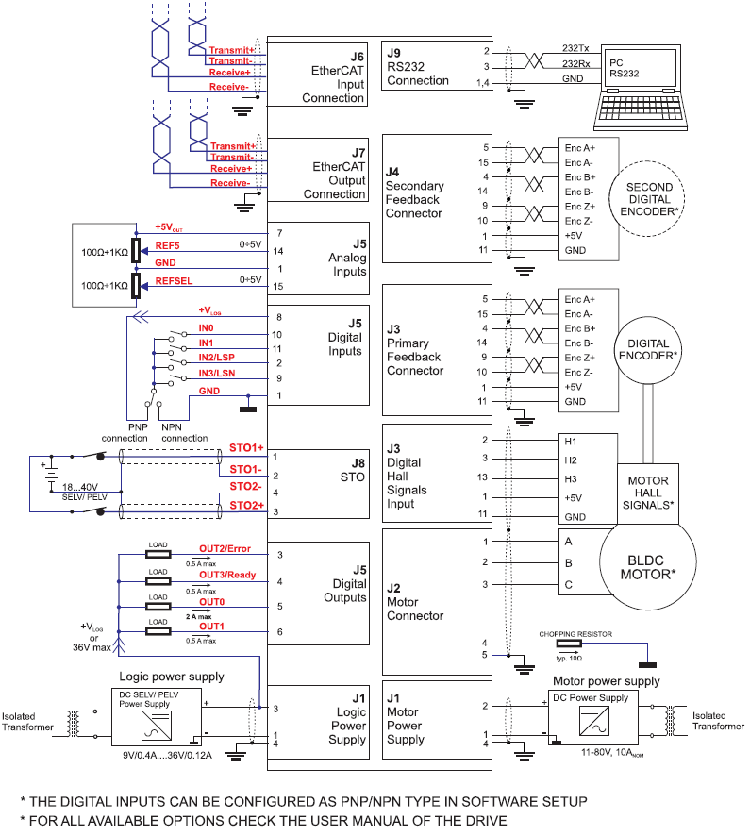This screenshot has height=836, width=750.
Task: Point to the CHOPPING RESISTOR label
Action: pyautogui.click(x=576, y=635)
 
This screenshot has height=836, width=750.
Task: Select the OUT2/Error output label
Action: pyautogui.click(x=225, y=548)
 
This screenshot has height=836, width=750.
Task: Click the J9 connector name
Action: pyautogui.click(x=393, y=53)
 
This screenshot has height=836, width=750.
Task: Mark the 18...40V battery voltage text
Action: pyautogui.click(x=82, y=486)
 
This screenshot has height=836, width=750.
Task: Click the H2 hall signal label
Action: pyautogui.click(x=571, y=460)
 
